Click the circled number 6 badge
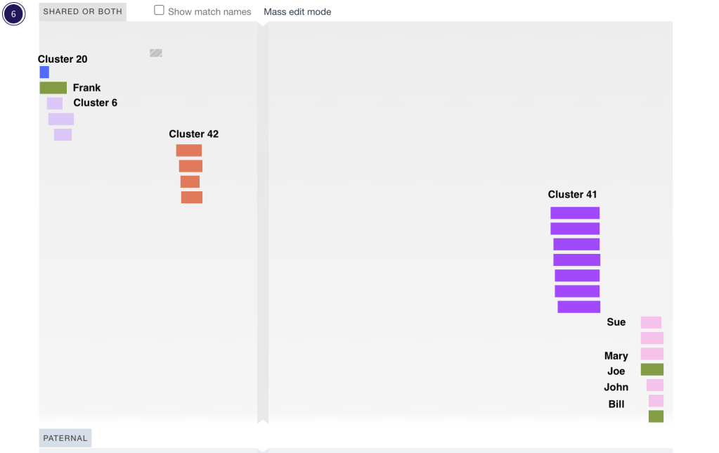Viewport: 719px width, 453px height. pos(13,13)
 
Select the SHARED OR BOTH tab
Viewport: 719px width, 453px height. pos(82,11)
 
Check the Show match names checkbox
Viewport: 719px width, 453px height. pos(160,11)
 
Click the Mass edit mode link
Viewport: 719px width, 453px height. pos(297,12)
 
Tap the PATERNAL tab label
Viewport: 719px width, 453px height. pos(65,438)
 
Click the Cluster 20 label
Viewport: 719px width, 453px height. pos(63,59)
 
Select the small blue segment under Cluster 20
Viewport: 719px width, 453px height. pos(44,72)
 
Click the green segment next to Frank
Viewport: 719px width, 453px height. pos(53,88)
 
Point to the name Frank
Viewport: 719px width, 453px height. pos(86,88)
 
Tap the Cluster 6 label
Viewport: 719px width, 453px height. pos(95,103)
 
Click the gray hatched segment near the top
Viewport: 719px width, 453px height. pos(156,53)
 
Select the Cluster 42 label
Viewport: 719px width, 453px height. pos(193,134)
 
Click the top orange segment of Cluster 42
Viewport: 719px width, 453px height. pos(189,151)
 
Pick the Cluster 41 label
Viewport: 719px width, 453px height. pos(572,194)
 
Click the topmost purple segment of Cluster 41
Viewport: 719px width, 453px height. pos(575,213)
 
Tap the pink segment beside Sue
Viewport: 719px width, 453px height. pos(651,323)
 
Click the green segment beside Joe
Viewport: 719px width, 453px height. pos(652,370)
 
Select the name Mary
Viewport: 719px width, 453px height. pos(616,356)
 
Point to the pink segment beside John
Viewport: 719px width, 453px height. pos(655,385)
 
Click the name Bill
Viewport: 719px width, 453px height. pos(616,404)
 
